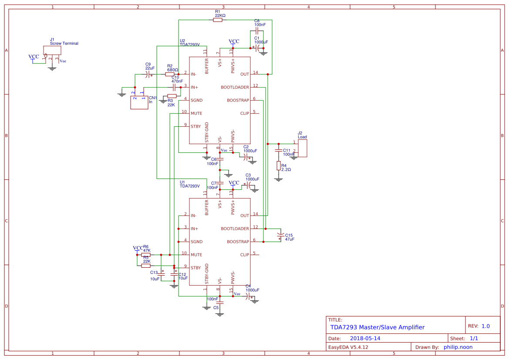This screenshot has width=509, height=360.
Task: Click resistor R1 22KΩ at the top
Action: [218, 20]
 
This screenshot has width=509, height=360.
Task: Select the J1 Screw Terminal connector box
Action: [52, 50]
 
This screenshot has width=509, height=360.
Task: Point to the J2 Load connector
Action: [302, 148]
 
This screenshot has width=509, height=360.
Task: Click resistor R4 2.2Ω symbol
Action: [279, 166]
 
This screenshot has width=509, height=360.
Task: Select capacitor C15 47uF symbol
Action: [280, 236]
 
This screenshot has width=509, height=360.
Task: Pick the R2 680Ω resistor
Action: [170, 74]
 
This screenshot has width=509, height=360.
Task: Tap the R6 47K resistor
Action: [146, 255]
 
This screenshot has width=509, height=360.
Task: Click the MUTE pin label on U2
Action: [196, 113]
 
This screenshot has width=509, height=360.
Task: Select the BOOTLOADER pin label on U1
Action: [235, 229]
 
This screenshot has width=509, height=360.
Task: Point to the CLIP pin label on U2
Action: [244, 113]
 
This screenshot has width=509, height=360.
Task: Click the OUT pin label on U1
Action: [244, 215]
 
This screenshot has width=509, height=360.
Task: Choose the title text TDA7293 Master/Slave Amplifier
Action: [377, 327]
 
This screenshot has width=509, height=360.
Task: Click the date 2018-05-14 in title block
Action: [365, 338]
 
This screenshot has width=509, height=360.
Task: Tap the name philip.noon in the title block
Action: [458, 347]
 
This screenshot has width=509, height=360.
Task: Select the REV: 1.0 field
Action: [479, 326]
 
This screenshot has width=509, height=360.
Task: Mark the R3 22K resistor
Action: [172, 96]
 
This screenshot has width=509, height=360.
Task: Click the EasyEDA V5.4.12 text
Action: [348, 347]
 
